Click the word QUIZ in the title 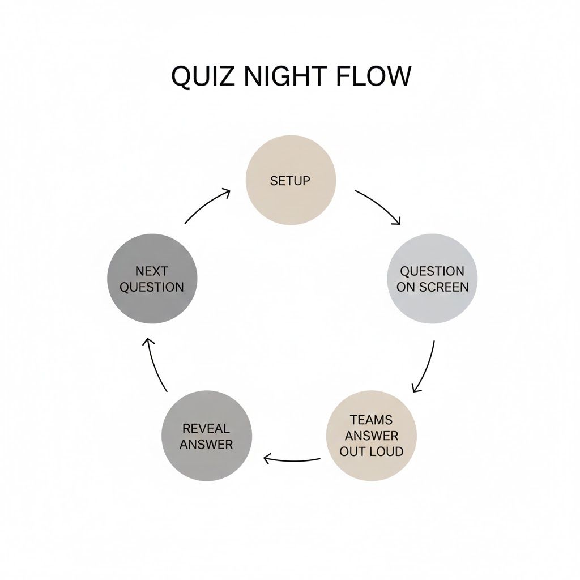(203, 76)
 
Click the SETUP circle (291, 180)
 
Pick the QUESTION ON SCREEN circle (432, 279)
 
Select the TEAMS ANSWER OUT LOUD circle (372, 436)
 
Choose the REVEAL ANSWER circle (207, 436)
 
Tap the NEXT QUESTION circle (152, 279)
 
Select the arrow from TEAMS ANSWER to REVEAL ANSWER (292, 461)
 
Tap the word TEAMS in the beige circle (371, 420)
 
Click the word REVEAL (206, 428)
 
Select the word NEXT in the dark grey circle (152, 271)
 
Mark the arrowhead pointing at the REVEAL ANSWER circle (268, 459)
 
